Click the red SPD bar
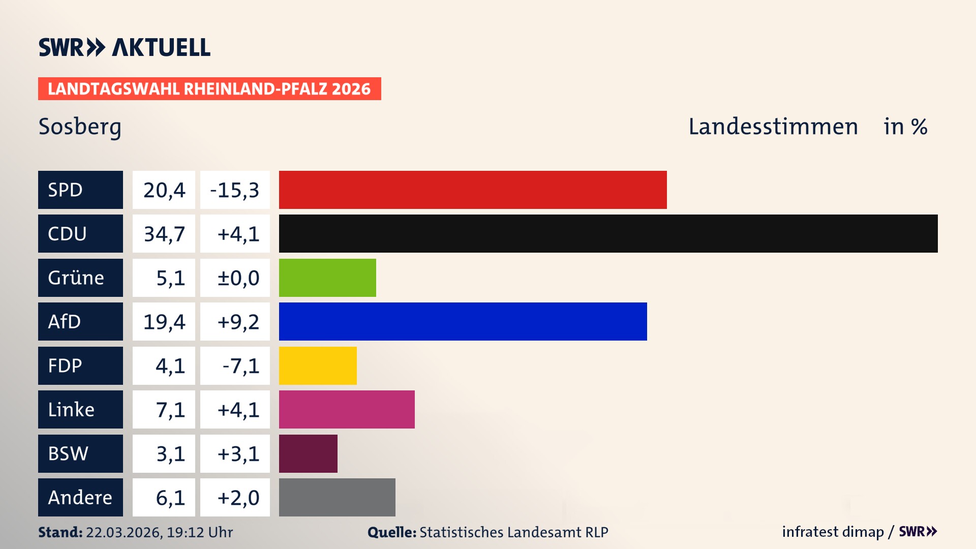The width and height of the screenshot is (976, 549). point(473,190)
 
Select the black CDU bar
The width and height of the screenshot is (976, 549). point(608,234)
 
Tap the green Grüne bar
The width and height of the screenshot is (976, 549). point(327,278)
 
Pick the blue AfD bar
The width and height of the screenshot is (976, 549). point(463,321)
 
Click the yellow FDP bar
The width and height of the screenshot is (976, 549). point(318,365)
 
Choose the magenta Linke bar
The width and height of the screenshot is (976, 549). point(347,409)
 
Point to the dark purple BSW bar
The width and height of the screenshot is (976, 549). point(308,453)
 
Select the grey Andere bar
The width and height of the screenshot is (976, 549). point(337,497)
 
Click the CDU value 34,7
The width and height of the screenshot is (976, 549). point(164,234)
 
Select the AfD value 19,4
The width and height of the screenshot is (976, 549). point(164,321)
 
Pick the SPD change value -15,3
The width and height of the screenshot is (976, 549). point(235,190)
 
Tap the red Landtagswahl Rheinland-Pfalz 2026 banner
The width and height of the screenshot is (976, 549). point(209,88)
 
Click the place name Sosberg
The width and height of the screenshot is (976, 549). point(80,127)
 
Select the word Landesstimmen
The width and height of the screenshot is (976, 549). point(773,127)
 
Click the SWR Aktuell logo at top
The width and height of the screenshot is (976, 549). point(125,47)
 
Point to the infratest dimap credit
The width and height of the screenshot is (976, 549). point(833,532)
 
